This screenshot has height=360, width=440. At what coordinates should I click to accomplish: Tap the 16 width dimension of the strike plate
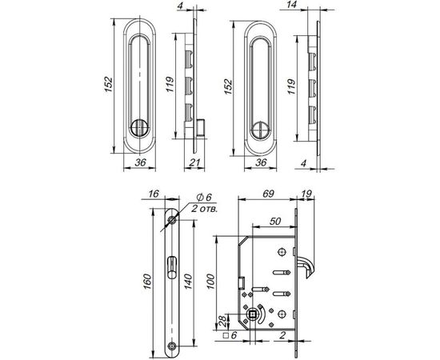tap(155, 194)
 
